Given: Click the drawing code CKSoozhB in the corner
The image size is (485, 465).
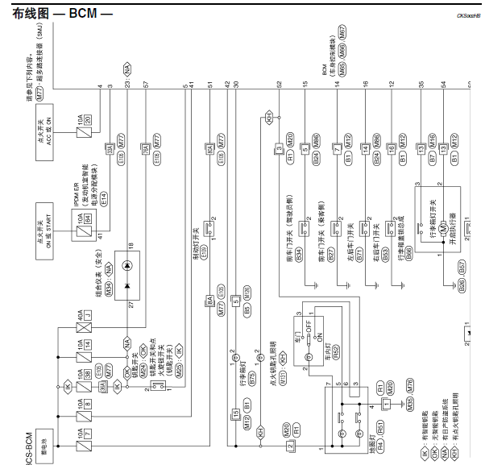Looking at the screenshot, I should coord(468,14).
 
